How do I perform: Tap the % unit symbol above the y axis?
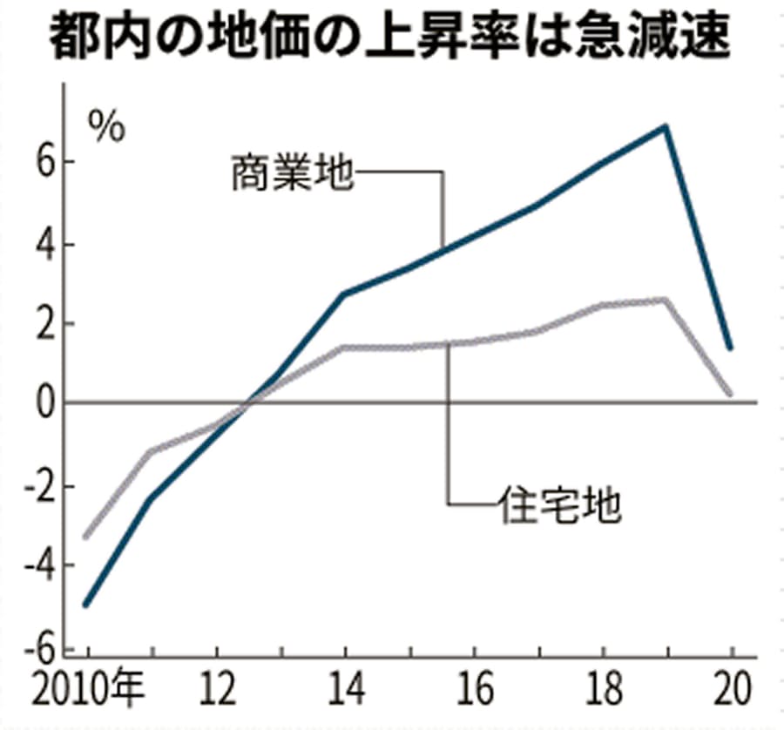tap(105, 127)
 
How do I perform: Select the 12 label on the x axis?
tap(219, 695)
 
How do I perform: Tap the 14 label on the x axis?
tap(345, 695)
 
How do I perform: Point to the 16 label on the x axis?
tap(474, 695)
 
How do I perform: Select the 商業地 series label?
tap(291, 173)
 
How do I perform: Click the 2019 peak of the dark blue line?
tap(666, 127)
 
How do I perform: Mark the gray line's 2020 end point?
tap(730, 394)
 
